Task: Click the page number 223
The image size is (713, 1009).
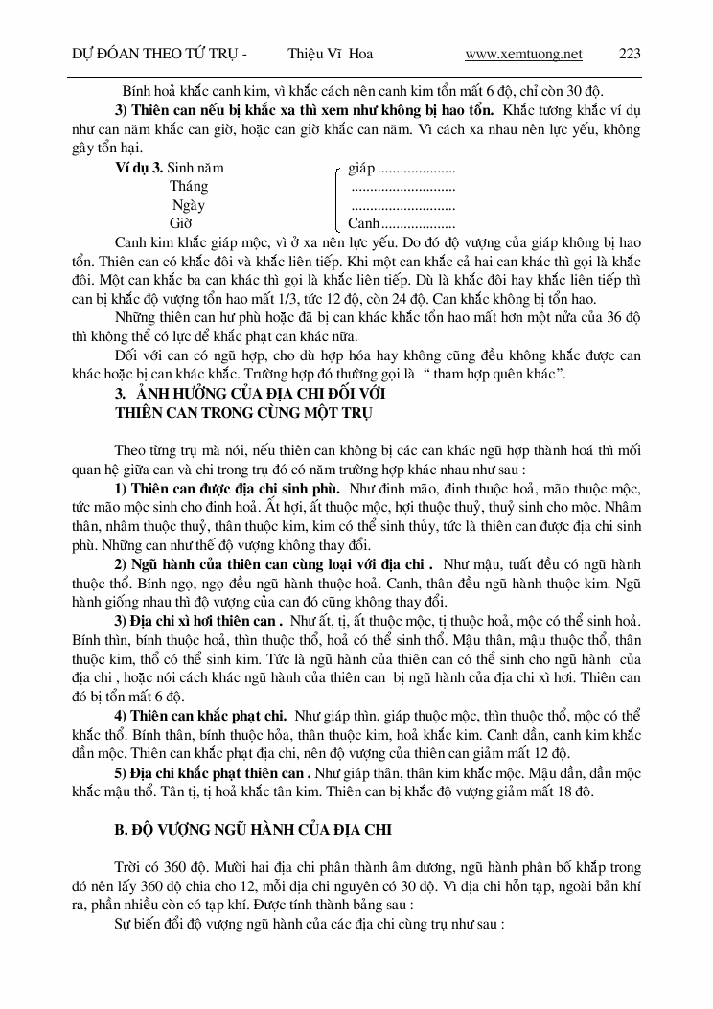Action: [x=630, y=54]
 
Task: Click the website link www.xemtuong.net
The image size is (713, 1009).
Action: [x=523, y=54]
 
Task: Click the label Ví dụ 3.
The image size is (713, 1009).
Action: [x=138, y=168]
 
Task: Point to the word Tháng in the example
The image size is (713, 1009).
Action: [x=189, y=187]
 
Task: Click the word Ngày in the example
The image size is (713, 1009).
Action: [x=188, y=205]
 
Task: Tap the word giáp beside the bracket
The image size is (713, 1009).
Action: [x=361, y=168]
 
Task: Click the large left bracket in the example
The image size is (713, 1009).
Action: [x=334, y=195]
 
